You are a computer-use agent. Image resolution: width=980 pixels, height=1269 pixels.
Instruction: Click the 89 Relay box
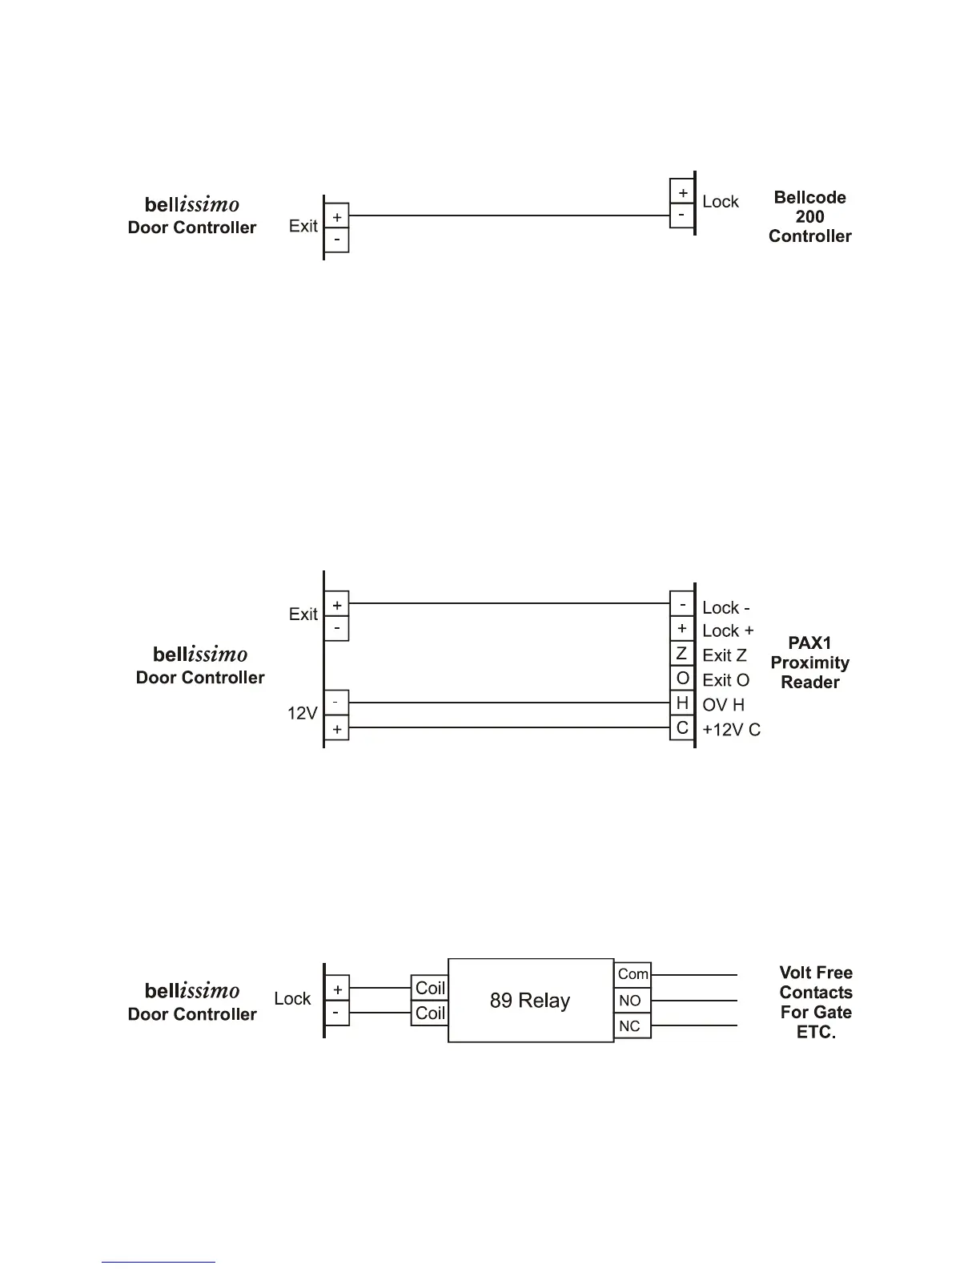[530, 1000]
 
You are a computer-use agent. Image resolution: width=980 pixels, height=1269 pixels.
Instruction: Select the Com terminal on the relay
[633, 974]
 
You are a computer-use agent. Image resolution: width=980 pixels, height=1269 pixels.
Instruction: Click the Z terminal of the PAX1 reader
[682, 654]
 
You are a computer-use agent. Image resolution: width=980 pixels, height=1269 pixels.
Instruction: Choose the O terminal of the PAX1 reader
[682, 679]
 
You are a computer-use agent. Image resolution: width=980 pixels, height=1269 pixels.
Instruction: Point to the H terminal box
[682, 703]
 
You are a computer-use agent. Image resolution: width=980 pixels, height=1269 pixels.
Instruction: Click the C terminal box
[682, 728]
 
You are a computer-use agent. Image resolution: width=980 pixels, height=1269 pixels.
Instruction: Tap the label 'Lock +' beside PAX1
[728, 631]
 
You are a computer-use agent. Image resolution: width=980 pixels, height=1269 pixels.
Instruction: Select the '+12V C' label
[731, 730]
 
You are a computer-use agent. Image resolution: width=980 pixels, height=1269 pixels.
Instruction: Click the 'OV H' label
[723, 705]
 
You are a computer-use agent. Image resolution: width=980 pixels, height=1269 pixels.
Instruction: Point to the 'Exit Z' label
[725, 655]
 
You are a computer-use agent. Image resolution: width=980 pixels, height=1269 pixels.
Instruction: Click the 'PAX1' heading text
[809, 643]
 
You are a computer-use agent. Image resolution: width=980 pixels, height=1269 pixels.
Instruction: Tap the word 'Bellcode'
[809, 198]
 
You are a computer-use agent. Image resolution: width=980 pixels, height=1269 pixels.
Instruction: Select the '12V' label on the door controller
[303, 712]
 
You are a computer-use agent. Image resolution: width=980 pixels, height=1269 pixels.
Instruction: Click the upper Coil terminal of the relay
[430, 988]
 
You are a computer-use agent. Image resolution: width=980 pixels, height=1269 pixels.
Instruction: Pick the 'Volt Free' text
[816, 973]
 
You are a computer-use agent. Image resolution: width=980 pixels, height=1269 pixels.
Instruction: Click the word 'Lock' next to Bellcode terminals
[720, 202]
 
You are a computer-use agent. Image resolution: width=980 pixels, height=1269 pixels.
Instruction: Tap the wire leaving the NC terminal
[694, 1026]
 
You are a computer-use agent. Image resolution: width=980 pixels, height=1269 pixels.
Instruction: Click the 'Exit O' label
[725, 680]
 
